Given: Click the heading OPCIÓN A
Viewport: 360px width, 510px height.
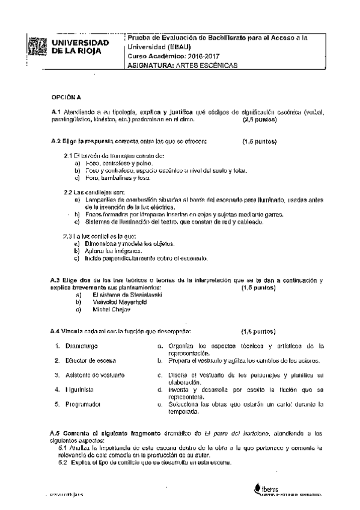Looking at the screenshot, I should (x=65, y=96).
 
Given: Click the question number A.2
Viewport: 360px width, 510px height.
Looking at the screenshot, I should (x=56, y=142).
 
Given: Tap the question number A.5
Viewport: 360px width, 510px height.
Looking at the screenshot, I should (x=56, y=432).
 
